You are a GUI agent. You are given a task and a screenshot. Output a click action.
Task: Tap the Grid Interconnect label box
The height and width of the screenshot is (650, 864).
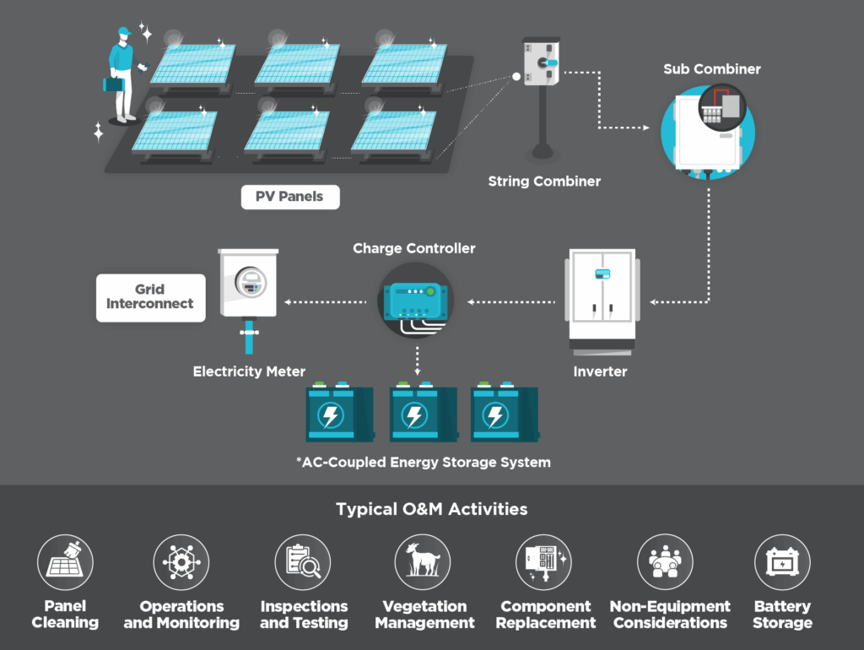pos(150,297)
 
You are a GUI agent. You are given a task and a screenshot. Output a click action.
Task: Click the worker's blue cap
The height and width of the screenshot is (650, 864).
pos(123,32)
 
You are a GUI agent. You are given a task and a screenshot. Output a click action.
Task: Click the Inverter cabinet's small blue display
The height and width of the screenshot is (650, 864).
pos(602,274)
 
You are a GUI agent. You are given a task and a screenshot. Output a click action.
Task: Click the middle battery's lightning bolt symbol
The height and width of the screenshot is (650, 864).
pos(413,415)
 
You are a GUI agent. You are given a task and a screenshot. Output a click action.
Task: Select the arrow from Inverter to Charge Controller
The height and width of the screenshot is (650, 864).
pos(511,301)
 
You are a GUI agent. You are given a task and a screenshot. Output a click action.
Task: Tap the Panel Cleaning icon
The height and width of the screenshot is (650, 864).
pos(65,562)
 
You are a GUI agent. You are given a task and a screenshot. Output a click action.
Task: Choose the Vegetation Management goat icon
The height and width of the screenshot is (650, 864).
pos(423,562)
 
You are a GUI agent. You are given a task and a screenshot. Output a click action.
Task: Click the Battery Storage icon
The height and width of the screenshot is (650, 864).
pos(782,562)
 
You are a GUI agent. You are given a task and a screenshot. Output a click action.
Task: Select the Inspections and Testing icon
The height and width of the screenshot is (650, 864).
pos(303,562)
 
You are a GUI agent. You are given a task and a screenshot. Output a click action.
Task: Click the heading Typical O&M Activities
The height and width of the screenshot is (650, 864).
pos(432,509)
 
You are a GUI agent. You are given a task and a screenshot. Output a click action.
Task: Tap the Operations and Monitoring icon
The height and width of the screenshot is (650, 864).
pos(181,562)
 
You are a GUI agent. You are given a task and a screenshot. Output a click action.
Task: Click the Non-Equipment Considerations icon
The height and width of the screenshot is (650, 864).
pos(665,562)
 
